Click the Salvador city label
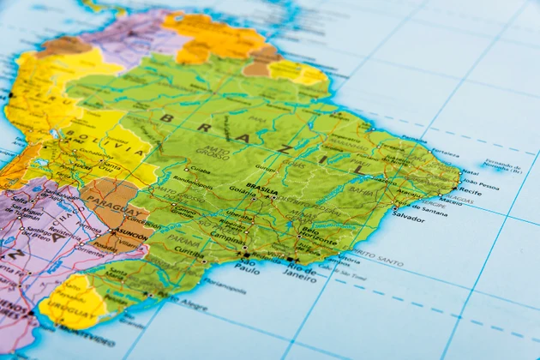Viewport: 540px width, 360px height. (409, 218)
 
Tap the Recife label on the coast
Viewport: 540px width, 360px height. (471, 191)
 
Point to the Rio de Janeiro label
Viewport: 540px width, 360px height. (300, 272)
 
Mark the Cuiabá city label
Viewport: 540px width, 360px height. (200, 170)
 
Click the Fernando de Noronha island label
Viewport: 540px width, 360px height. (502, 165)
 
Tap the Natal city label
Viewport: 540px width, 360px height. (471, 171)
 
